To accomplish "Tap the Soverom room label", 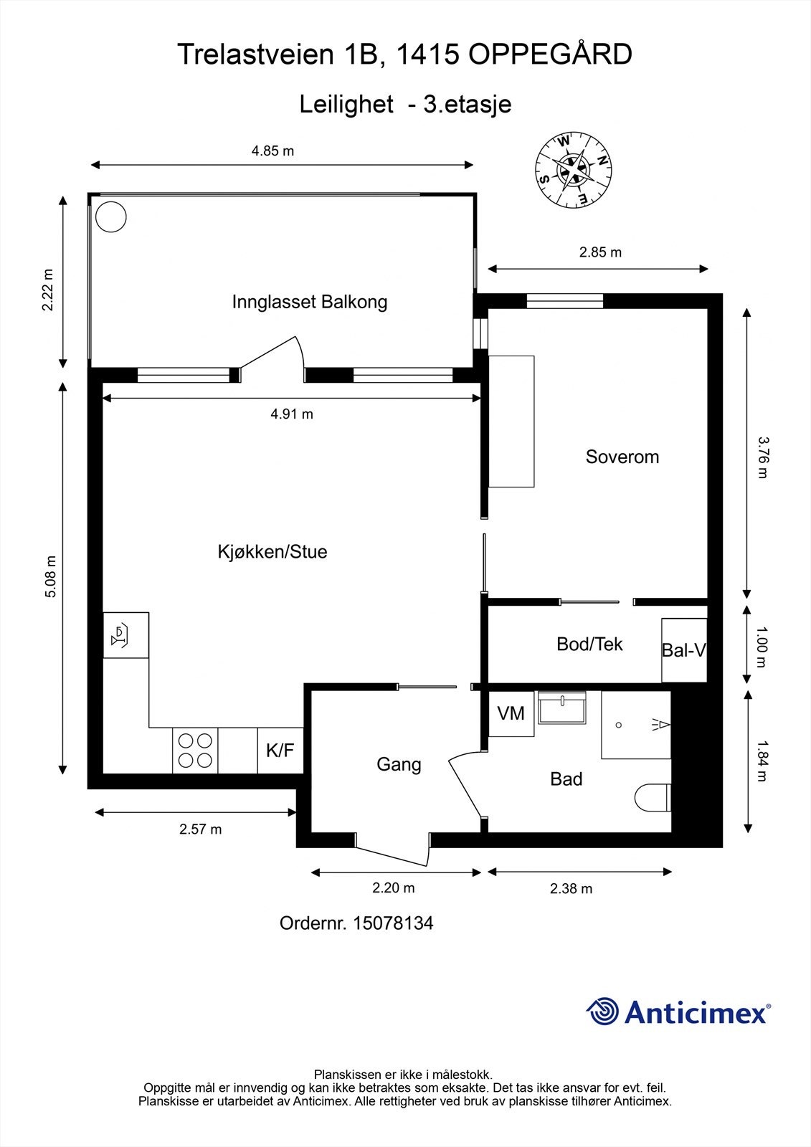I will (x=622, y=457).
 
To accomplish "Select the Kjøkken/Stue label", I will (x=272, y=551).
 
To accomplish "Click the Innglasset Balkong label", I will (x=309, y=302).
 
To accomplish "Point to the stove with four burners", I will (x=195, y=751).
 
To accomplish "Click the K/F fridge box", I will (x=280, y=751).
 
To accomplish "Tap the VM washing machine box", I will (x=511, y=713).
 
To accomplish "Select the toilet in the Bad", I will (x=652, y=797).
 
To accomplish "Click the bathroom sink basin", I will (x=561, y=709).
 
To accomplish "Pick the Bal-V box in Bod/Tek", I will (x=684, y=650).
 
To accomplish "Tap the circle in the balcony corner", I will (x=111, y=216).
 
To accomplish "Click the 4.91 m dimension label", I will (x=292, y=414).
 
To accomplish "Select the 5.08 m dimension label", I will (x=50, y=577).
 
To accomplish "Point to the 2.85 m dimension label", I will (x=600, y=252).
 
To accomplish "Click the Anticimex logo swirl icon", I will (x=602, y=1012).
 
